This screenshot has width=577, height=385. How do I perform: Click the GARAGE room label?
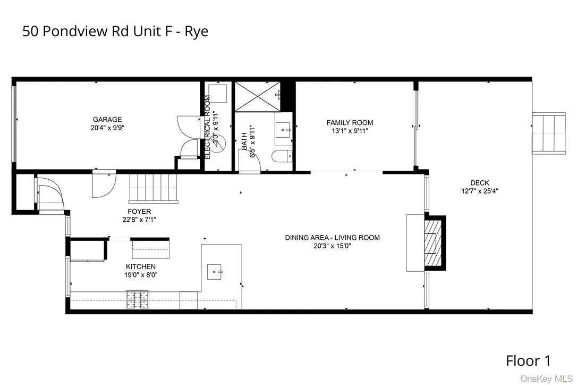tap(107, 120)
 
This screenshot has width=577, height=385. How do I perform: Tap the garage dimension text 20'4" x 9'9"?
tap(107, 128)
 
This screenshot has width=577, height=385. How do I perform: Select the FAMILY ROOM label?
tap(350, 123)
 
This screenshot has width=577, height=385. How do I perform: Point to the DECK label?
tap(479, 183)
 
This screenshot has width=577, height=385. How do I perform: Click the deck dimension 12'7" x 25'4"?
tap(479, 191)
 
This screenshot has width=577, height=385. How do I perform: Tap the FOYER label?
tap(139, 211)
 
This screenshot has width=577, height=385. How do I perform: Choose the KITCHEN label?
tap(140, 266)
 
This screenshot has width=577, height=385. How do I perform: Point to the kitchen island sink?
tap(216, 272)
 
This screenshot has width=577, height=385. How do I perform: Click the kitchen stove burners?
tap(133, 300)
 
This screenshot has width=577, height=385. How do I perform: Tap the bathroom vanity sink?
tap(283, 128)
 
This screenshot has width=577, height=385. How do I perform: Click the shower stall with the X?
tap(257, 97)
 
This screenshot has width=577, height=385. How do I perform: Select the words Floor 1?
tap(528, 362)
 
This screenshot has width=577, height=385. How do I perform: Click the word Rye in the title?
tap(197, 31)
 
